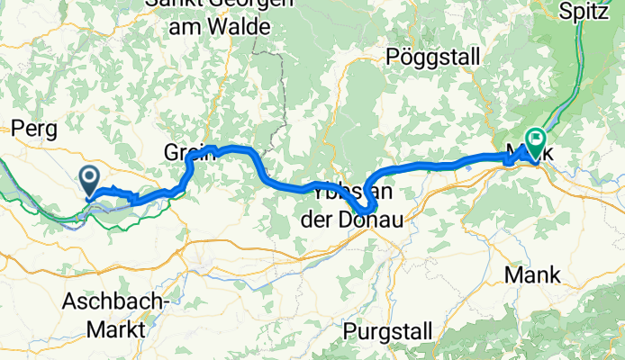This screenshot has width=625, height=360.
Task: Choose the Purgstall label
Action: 387,330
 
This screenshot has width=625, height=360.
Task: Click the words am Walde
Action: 218,28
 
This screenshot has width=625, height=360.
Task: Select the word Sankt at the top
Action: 170,4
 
